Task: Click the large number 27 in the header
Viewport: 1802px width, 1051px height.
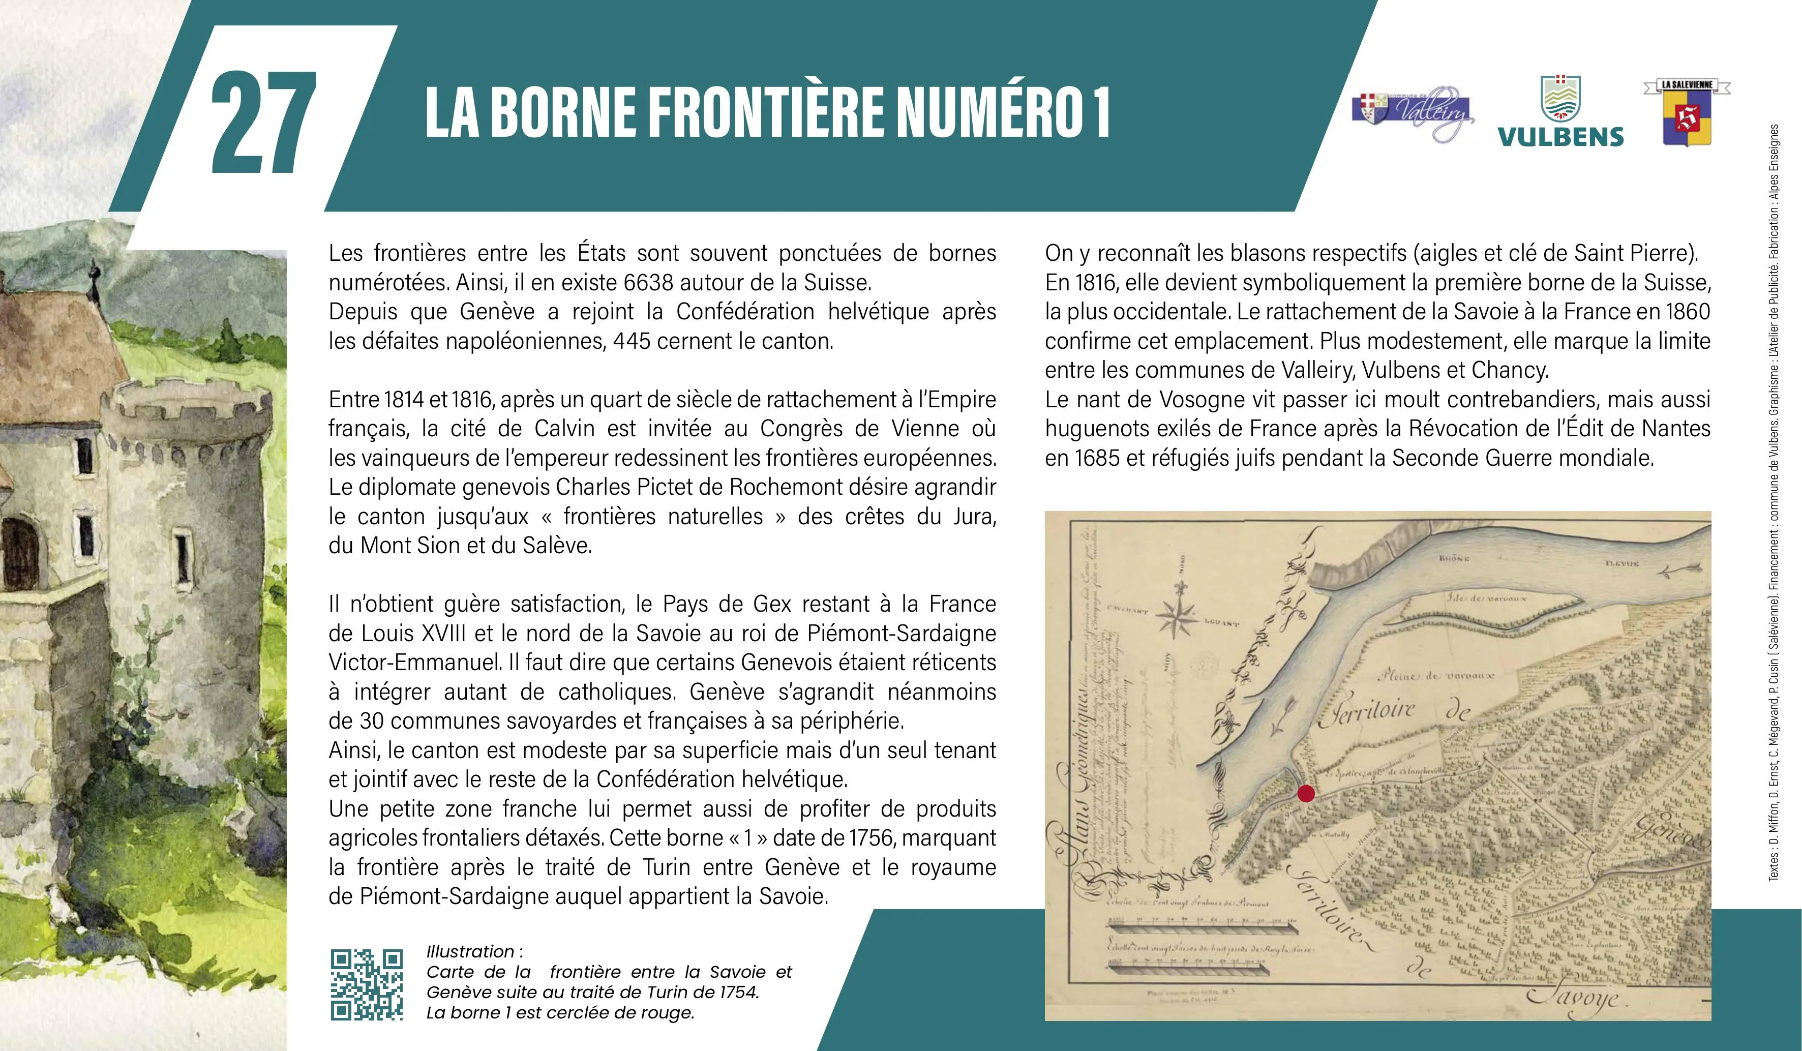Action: point(263,122)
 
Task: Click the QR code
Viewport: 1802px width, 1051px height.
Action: point(366,984)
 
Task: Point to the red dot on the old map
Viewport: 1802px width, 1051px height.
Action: point(1306,793)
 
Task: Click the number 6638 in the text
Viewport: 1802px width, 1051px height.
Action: point(649,282)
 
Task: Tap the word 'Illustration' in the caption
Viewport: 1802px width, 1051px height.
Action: point(470,952)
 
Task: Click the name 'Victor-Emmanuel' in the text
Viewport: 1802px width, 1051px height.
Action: point(415,662)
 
